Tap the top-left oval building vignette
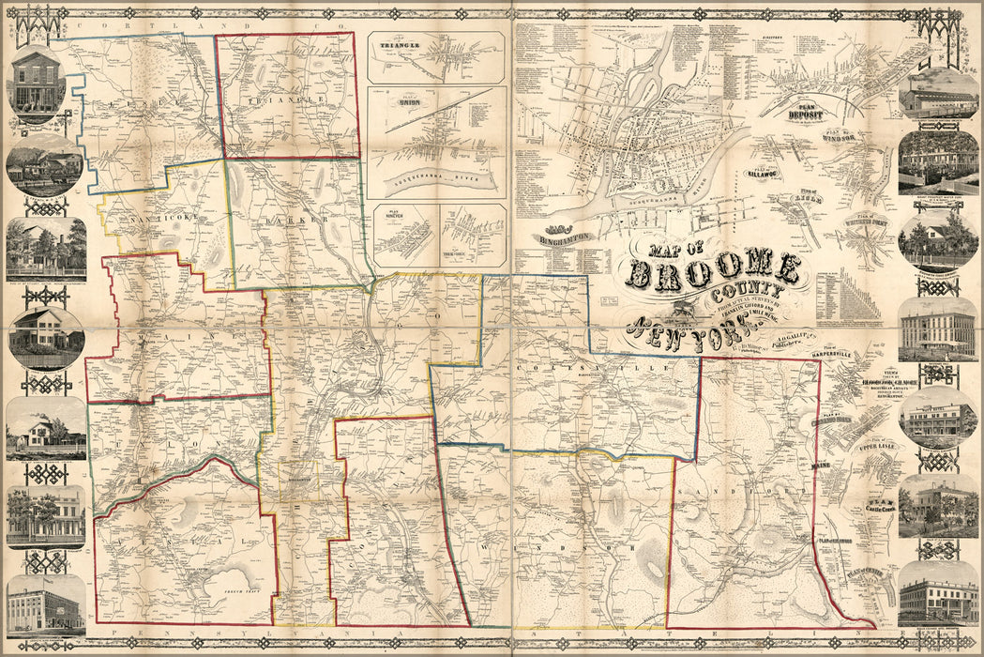pyautogui.click(x=38, y=87)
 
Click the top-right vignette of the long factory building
pyautogui.click(x=938, y=94)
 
